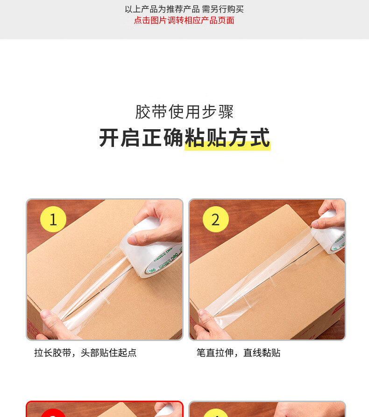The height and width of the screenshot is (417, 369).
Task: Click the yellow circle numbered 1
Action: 53,219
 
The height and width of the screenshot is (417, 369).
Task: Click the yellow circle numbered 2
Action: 216,219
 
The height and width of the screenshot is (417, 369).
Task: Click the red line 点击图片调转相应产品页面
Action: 184,20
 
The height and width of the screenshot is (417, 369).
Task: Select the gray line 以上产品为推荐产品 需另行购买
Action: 184,9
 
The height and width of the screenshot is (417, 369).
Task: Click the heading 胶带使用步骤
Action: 184,111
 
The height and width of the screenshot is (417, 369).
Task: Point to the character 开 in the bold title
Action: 109,138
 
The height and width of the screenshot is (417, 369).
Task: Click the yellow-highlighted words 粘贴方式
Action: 227,138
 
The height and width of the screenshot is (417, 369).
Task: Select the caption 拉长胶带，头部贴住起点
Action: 85,353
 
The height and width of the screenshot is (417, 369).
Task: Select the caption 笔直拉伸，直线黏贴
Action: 239,353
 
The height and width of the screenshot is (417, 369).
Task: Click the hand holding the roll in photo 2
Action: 330,215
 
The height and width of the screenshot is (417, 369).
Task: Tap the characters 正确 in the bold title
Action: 163,138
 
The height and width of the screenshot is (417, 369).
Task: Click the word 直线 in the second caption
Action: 252,353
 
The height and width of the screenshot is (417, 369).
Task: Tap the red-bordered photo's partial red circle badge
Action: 53,413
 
